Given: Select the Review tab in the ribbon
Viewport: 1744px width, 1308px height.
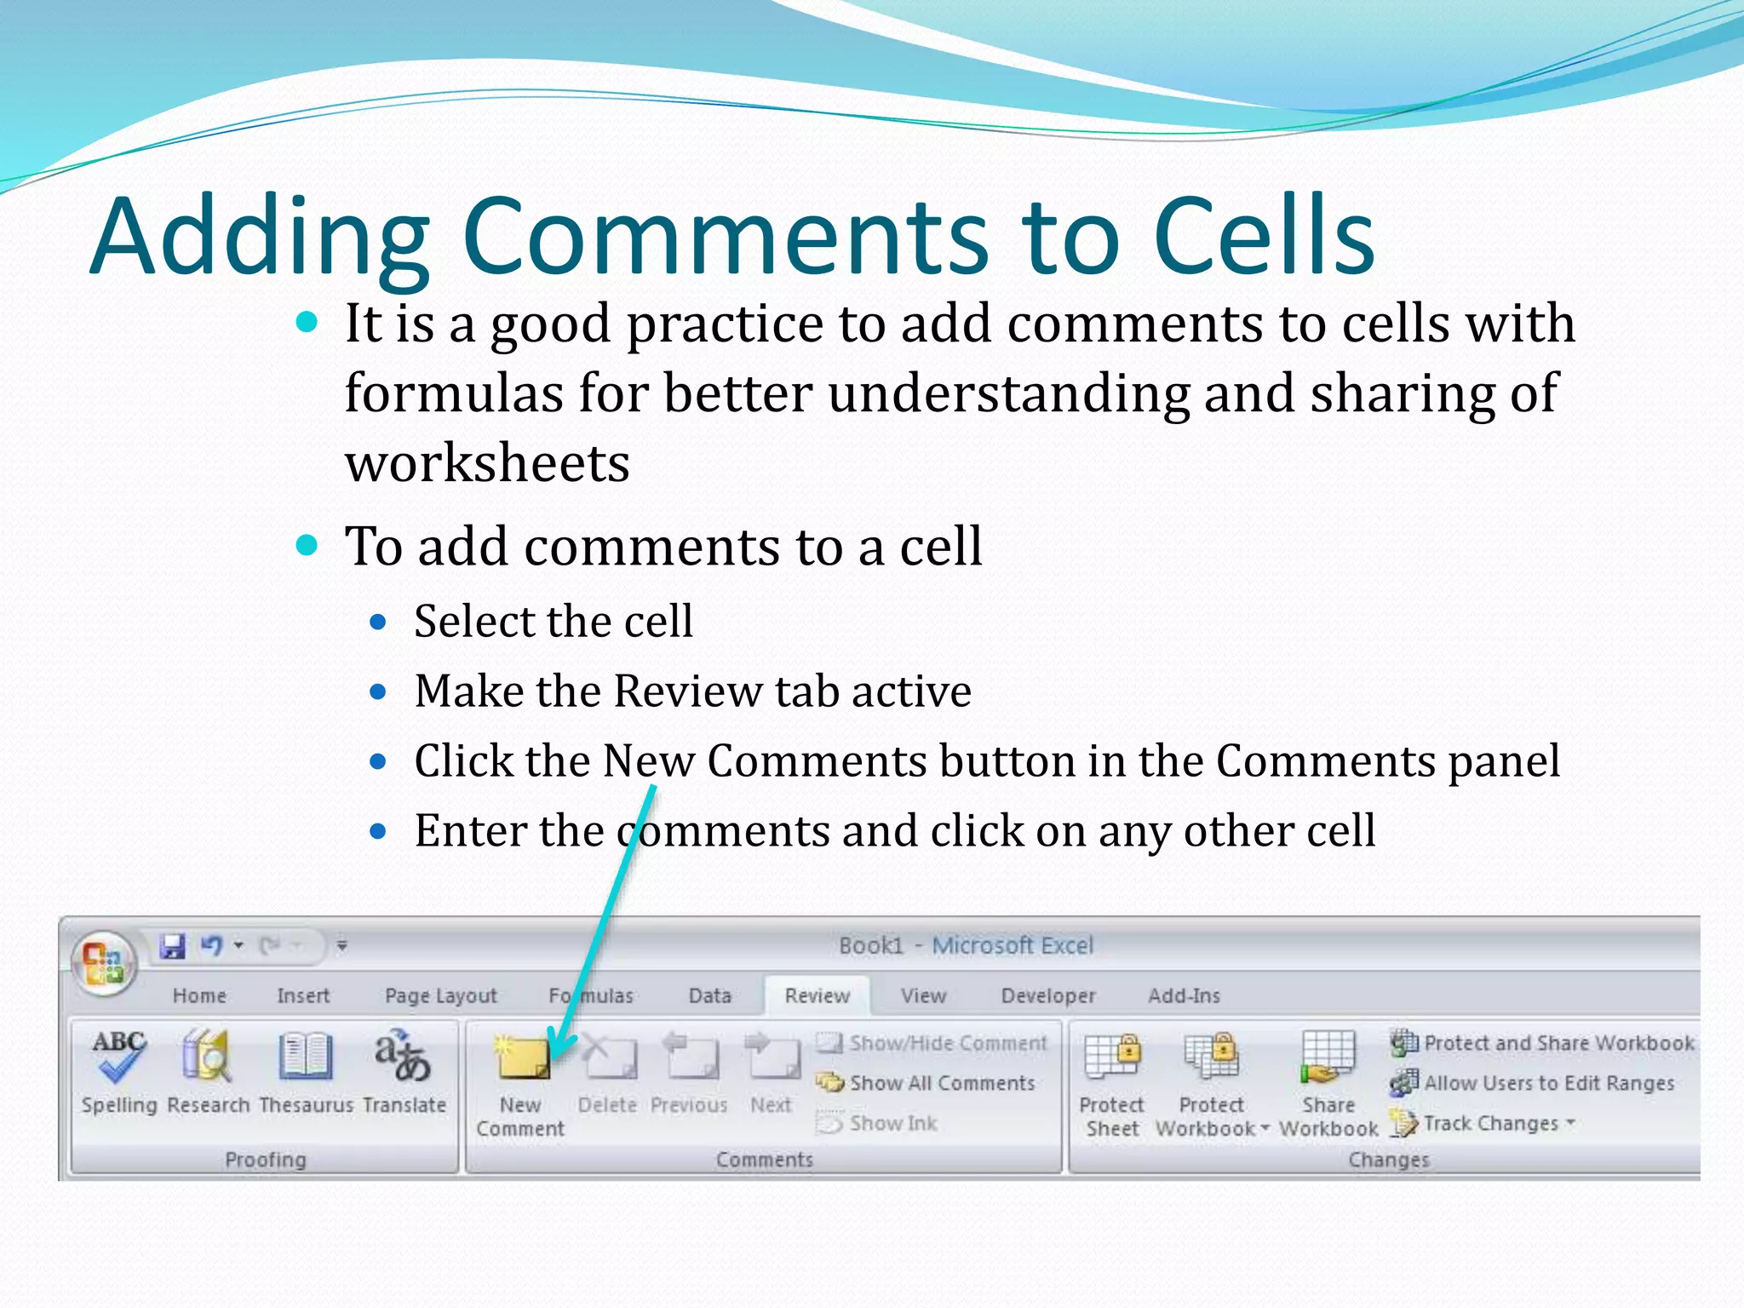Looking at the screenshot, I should [817, 995].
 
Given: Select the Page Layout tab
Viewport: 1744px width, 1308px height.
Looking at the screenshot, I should [440, 995].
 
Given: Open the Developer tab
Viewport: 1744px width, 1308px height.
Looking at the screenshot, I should [1047, 995].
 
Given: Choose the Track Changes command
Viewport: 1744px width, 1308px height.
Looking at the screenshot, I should [1490, 1124].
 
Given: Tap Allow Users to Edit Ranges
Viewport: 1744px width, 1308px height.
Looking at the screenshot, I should [1548, 1083].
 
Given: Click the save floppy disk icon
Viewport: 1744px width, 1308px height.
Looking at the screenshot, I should [173, 946].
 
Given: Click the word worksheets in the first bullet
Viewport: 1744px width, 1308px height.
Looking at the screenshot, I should [487, 464].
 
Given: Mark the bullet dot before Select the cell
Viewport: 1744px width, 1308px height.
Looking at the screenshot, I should [379, 622].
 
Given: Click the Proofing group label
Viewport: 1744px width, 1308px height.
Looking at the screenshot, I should [265, 1160].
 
